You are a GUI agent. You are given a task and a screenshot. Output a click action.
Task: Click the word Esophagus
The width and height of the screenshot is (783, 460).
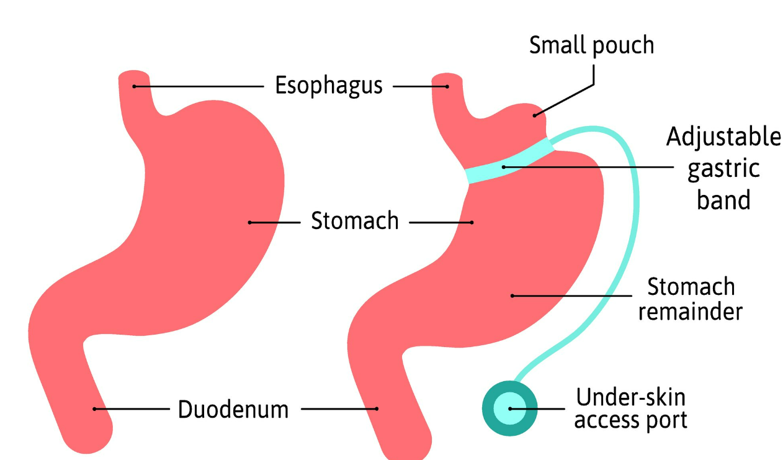(329, 86)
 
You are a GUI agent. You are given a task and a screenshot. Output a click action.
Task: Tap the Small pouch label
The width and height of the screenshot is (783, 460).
(591, 45)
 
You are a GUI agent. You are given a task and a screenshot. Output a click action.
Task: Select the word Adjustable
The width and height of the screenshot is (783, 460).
(723, 137)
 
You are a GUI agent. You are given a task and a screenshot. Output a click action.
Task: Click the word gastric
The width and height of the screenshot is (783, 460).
(723, 169)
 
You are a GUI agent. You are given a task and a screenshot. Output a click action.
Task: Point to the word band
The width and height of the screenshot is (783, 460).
(723, 200)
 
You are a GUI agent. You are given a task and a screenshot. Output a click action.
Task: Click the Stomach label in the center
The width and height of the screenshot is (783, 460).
(355, 221)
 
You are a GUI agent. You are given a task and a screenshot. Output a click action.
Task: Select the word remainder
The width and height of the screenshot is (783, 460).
(690, 311)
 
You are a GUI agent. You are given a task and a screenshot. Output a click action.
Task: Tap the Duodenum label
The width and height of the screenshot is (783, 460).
(233, 410)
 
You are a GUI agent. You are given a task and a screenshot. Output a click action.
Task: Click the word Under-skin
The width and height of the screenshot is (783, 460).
(631, 397)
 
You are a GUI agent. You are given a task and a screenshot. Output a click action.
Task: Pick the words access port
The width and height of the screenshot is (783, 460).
(631, 420)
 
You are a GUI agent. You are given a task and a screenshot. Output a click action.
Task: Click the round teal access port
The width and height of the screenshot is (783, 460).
(510, 408)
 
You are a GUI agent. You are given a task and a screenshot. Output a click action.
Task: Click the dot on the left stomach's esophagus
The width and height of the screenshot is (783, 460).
(134, 86)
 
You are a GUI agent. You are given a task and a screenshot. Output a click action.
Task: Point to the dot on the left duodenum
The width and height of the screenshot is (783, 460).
(94, 408)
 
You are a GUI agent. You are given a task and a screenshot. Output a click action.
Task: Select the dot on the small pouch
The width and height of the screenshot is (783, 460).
(535, 115)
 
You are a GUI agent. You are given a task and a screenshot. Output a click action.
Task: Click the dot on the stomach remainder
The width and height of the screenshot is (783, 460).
(512, 295)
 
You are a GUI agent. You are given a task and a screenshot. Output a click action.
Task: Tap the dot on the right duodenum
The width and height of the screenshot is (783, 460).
(377, 408)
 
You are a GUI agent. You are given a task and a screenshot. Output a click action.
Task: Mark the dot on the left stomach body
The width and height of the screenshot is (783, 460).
(249, 222)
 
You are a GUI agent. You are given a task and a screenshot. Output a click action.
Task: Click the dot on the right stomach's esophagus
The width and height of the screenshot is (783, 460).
(447, 86)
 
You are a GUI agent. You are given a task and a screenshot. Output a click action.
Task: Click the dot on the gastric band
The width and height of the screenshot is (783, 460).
(504, 166)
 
